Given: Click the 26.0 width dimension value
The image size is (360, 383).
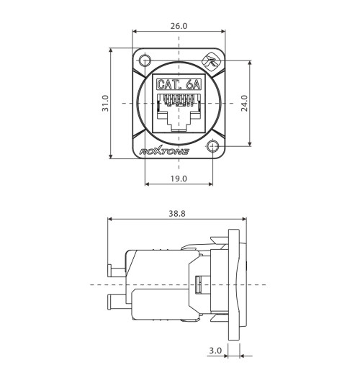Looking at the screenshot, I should point(179,25).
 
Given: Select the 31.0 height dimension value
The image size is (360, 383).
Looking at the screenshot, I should point(105,104).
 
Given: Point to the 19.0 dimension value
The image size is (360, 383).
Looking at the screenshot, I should point(179,178).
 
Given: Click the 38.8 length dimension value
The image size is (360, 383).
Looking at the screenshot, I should point(176,214).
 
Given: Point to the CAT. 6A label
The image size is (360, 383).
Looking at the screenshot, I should point(179,85).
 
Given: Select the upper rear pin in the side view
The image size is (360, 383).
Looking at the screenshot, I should point(115,271).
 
